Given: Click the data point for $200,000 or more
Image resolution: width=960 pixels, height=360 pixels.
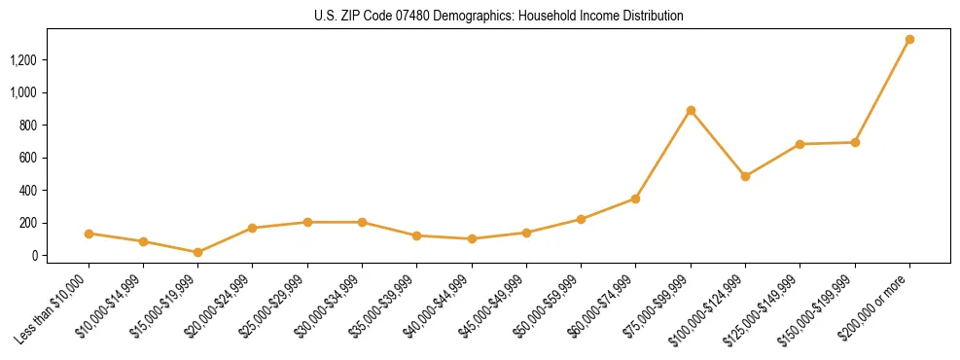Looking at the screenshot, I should pos(909,40).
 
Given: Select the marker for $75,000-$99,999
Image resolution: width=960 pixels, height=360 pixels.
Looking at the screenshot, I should pos(691,110).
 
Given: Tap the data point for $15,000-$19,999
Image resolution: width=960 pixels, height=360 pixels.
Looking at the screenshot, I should pos(197,252).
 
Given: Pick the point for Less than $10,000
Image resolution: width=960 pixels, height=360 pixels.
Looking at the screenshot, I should pos(89,234).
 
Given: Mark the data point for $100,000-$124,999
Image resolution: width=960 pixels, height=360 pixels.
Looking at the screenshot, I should pos(745,176).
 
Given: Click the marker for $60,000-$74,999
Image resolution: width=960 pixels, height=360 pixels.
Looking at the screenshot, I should pos(635,198).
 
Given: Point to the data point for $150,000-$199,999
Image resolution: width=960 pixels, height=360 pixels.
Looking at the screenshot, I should pos(855,142).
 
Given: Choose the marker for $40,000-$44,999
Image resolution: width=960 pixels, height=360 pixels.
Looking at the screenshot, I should pos(472,238).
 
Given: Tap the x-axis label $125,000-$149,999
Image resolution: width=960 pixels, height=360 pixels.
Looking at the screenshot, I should pos(768,305).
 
